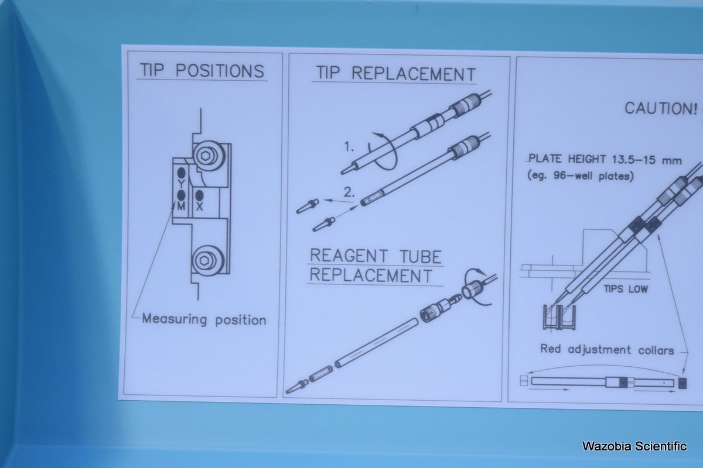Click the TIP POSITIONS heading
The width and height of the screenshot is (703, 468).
click(202, 70)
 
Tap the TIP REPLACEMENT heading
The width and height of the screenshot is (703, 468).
click(395, 74)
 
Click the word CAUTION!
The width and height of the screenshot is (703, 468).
click(661, 108)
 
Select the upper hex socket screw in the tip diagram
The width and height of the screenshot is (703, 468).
click(209, 156)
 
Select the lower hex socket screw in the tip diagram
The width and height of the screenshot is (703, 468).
click(207, 261)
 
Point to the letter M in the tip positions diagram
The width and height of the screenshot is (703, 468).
click(181, 206)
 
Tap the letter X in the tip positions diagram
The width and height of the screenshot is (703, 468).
click(199, 207)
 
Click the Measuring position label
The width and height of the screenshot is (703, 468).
click(204, 319)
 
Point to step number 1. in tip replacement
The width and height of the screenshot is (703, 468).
click(349, 147)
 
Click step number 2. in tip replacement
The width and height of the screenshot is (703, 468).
click(349, 192)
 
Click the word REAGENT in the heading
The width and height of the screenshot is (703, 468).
click(349, 256)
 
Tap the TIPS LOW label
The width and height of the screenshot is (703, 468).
click(626, 289)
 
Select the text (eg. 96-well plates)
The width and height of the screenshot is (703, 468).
click(581, 176)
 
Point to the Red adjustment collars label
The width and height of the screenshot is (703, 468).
click(607, 349)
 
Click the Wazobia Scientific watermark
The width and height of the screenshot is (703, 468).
click(634, 446)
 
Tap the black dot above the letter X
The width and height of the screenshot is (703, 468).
click(199, 196)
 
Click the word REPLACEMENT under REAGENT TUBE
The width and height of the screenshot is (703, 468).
click(371, 275)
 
